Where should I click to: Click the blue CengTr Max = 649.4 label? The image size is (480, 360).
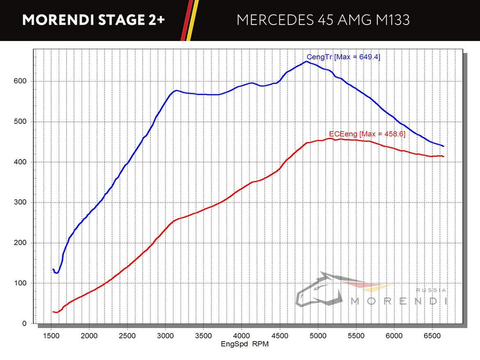click(x=343, y=57)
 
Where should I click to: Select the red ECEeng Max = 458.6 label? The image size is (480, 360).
click(x=367, y=134)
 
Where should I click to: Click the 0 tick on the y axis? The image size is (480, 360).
click(x=24, y=324)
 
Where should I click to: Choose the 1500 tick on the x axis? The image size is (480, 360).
click(x=51, y=336)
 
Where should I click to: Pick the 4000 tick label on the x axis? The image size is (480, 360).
click(x=241, y=336)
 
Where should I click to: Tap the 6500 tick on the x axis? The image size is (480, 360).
click(x=432, y=336)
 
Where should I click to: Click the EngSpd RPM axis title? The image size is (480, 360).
click(x=244, y=344)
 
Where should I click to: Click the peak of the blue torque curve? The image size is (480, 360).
click(x=306, y=62)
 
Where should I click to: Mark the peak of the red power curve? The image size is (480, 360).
click(x=329, y=139)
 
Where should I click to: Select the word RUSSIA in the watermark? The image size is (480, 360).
click(x=431, y=290)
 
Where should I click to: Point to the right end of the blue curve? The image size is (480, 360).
click(x=443, y=146)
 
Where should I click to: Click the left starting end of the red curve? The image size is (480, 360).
click(x=53, y=312)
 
